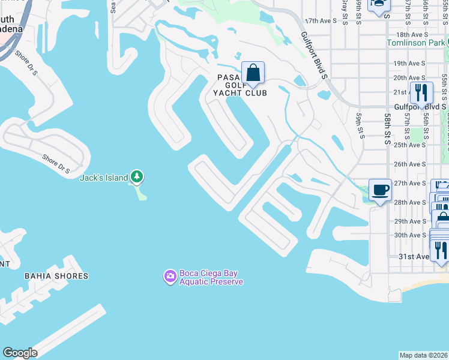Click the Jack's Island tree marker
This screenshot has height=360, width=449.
(x=137, y=176)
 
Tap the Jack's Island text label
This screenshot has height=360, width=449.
(x=104, y=178)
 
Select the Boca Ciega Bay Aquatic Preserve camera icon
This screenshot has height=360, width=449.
(x=170, y=276)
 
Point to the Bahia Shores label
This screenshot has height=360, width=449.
(x=56, y=276)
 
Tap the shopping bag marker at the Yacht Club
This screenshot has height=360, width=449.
(x=253, y=73)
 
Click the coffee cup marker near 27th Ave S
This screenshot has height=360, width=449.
(x=380, y=190)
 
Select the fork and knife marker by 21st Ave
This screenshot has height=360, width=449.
(x=421, y=93)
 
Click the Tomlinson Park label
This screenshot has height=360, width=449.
(x=416, y=43)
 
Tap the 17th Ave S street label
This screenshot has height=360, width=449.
(x=321, y=20)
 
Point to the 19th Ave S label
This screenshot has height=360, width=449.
(x=409, y=63)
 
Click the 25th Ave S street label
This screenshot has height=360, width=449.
(x=409, y=145)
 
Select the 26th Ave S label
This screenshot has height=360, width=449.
(x=409, y=164)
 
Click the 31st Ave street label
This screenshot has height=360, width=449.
(x=414, y=256)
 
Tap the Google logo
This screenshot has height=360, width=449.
(x=20, y=353)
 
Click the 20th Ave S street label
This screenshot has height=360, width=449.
(x=409, y=78)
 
